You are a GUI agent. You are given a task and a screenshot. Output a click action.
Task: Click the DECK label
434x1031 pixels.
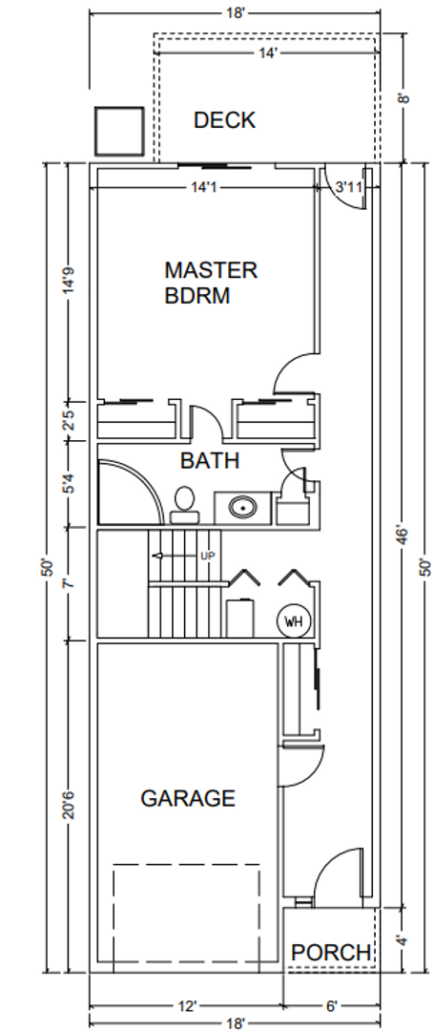pyautogui.click(x=224, y=120)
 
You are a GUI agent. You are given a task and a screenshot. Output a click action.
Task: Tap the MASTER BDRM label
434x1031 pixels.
pyautogui.click(x=210, y=283)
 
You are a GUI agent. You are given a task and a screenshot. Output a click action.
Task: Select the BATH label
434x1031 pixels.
pyautogui.click(x=210, y=461)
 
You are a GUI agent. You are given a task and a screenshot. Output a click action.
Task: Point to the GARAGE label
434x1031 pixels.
pyautogui.click(x=188, y=798)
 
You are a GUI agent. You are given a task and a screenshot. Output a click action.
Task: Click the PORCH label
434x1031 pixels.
pyautogui.click(x=331, y=952)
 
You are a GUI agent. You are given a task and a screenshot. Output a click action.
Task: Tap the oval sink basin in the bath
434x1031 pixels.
pyautogui.click(x=243, y=508)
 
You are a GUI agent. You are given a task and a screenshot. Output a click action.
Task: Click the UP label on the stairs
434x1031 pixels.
pyautogui.click(x=208, y=557)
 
